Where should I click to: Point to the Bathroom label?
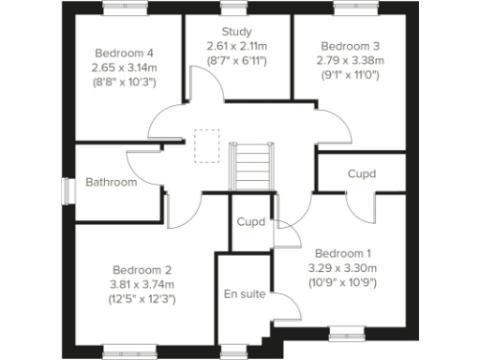point(111,182)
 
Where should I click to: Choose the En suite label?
point(243,295)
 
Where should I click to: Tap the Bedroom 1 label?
point(342,254)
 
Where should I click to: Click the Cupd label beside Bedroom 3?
point(362,173)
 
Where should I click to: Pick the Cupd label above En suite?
point(250,223)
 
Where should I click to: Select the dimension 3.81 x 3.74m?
point(142,284)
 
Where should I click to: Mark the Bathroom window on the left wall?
point(67,188)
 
